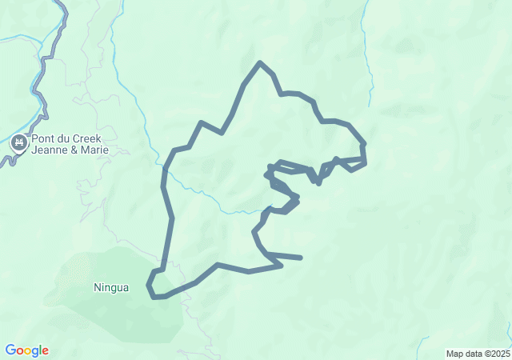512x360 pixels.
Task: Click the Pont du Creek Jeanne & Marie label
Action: tap(70, 144)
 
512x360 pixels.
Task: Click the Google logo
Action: tap(26, 350)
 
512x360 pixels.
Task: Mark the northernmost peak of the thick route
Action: tap(259, 62)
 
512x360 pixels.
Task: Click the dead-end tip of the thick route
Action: tap(301, 258)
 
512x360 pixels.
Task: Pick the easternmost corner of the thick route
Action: tap(366, 162)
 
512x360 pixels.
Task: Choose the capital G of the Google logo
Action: tap(10, 350)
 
